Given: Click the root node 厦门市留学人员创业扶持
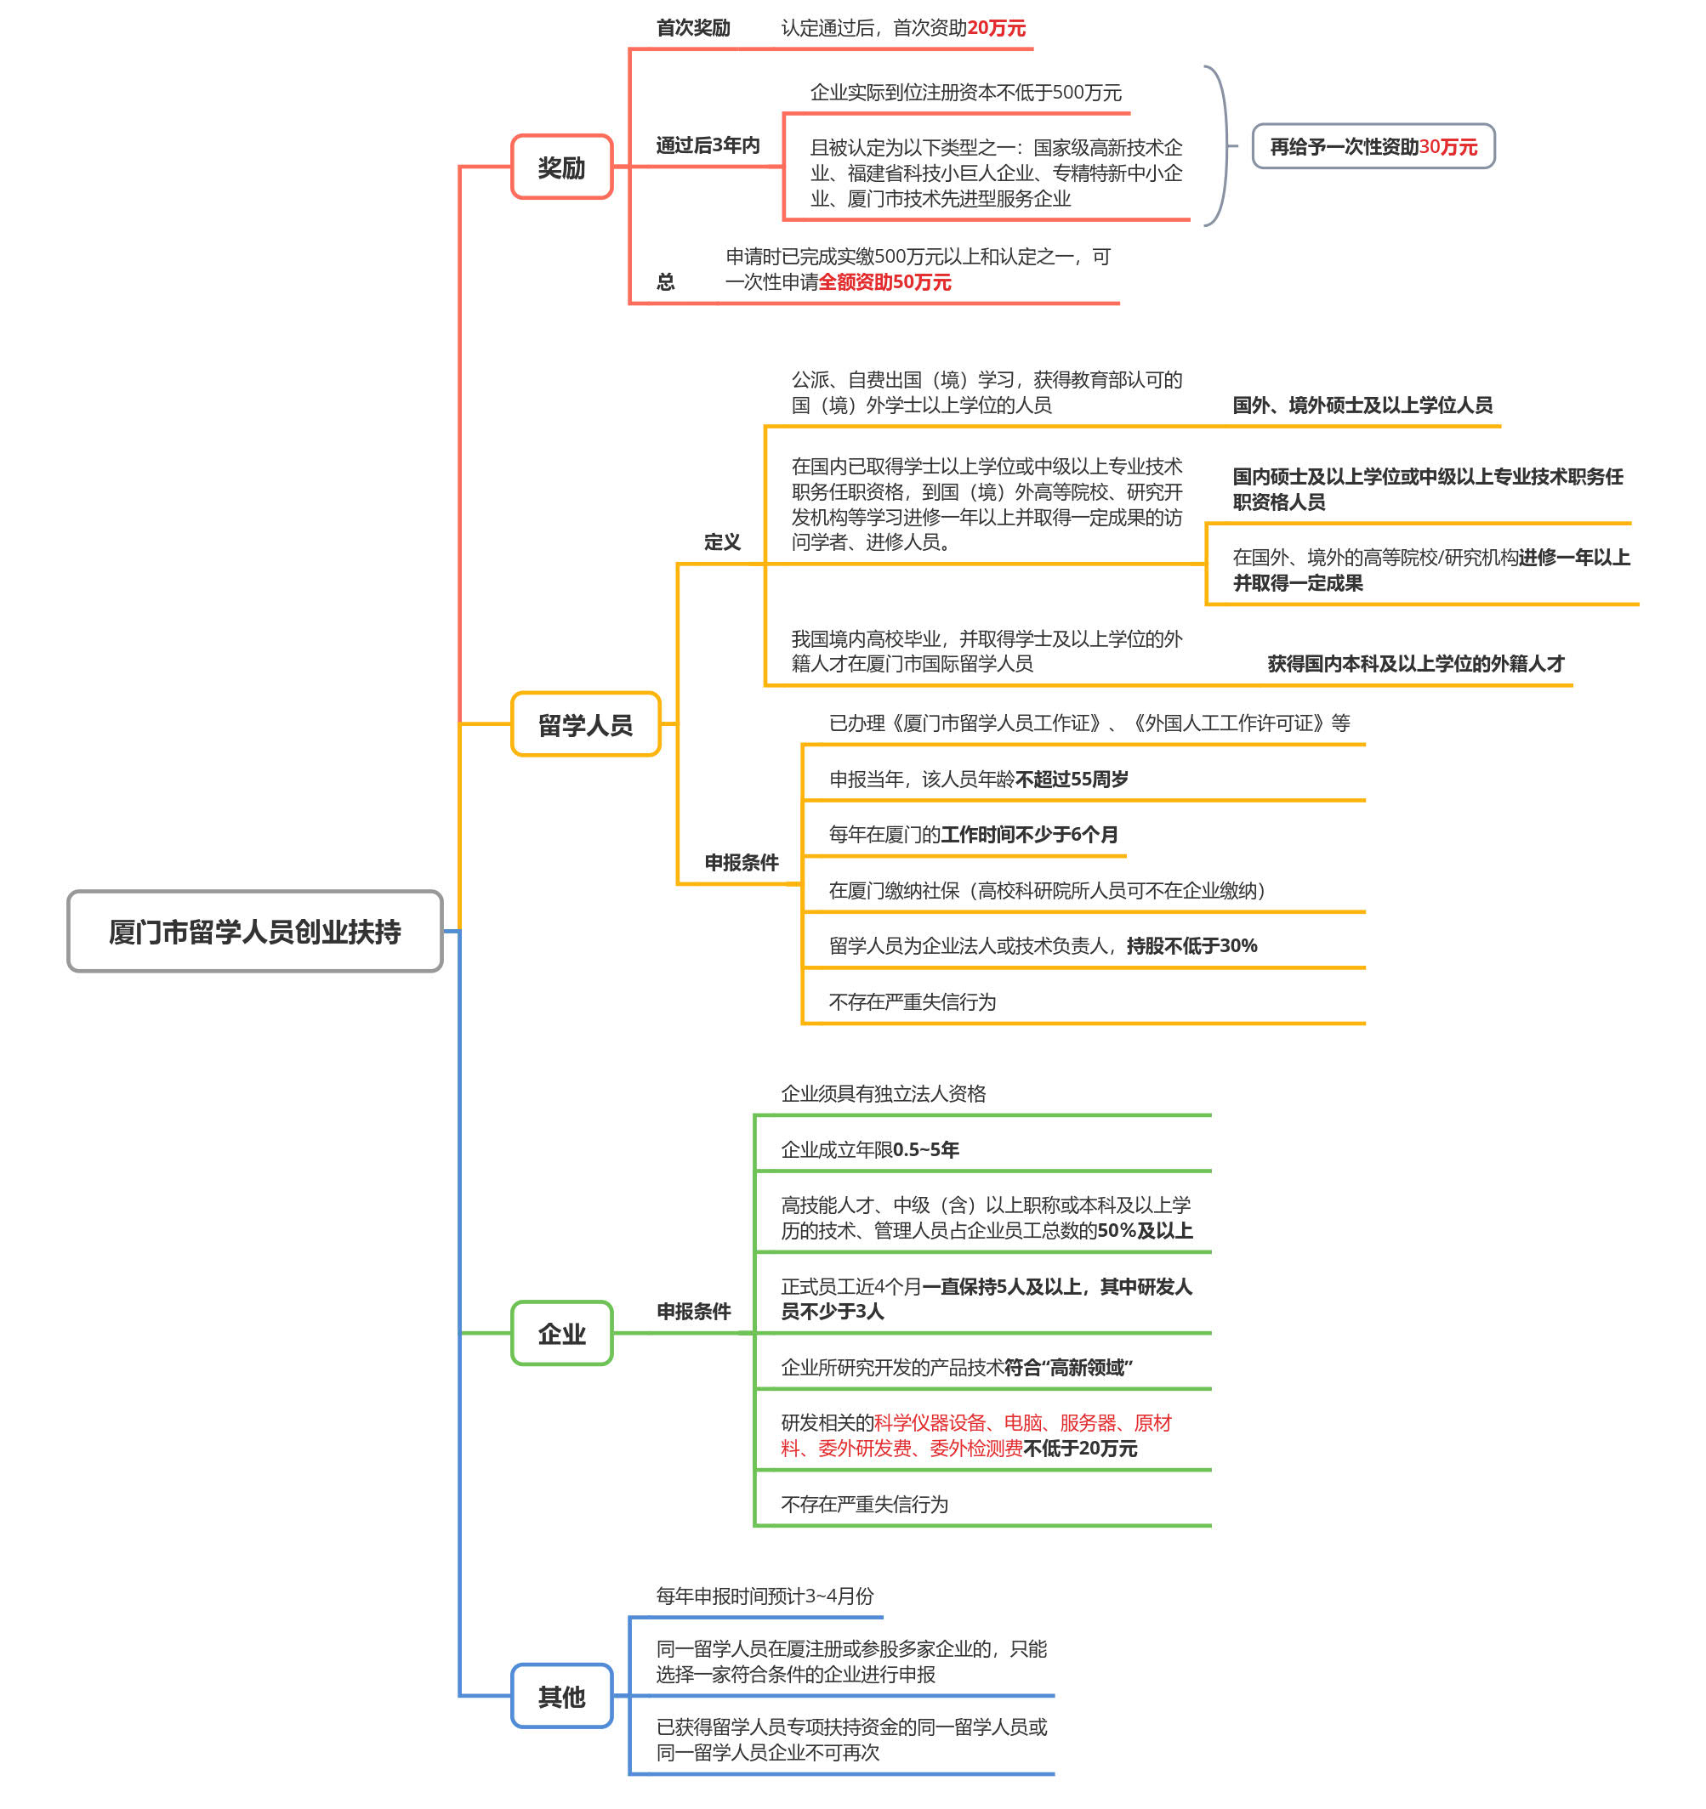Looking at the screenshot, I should pos(255,931).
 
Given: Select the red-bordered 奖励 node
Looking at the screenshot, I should pos(560,167).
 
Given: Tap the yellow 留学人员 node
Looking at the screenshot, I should pos(584,724).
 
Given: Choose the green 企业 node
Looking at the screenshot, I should pos(560,1333).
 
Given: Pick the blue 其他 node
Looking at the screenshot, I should pos(560,1696).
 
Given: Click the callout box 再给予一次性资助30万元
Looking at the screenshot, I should pos(1373,146).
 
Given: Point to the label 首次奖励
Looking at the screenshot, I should pos(693,28).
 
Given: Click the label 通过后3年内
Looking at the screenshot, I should pos(708,145).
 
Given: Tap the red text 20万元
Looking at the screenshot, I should pos(996,28).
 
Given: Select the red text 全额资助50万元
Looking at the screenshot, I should pos(884,282).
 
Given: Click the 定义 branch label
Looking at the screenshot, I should pos(722,542).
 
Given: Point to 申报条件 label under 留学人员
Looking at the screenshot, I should pos(741,863).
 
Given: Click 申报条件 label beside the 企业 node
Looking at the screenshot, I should pos(694,1311).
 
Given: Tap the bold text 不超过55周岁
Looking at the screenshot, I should pos(1072,779).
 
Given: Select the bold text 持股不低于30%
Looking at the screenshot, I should pos(1191,945).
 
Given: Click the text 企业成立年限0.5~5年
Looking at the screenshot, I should pos(869,1149).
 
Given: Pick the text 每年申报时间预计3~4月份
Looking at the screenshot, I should pos(765,1595).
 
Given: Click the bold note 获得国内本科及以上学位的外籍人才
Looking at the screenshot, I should pos(1416,663).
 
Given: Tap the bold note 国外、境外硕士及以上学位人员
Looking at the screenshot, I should pos(1362,405).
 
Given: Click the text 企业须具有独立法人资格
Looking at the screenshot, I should pos(883,1093).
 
